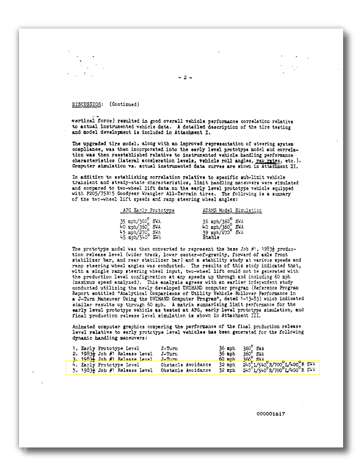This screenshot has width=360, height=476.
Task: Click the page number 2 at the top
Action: [185, 77]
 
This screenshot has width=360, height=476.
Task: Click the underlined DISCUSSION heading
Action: [87, 104]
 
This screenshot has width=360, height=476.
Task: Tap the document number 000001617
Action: [271, 414]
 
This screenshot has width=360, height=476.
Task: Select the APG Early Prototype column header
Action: [148, 210]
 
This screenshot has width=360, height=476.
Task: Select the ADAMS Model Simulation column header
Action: [232, 210]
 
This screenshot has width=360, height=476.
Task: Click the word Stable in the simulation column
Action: [210, 237]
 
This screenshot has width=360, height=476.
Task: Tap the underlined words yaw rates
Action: [266, 161]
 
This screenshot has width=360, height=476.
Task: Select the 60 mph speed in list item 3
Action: [226, 359]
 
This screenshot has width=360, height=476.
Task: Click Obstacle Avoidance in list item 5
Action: [186, 370]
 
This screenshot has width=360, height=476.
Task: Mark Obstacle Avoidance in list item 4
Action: [186, 364]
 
